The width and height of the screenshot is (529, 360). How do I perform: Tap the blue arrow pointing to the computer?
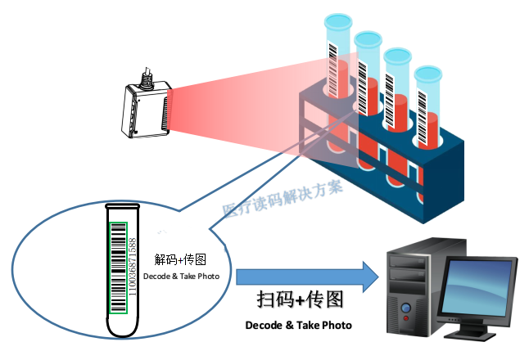click(x=307, y=279)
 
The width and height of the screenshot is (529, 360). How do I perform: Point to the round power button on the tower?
click(x=405, y=311)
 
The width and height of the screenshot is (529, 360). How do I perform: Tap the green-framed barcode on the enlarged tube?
click(x=119, y=267)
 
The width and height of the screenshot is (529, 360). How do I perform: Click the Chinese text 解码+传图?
click(x=180, y=260)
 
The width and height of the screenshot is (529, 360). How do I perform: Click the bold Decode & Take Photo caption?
click(x=298, y=326)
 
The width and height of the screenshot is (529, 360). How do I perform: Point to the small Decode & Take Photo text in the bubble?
click(x=181, y=277)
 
